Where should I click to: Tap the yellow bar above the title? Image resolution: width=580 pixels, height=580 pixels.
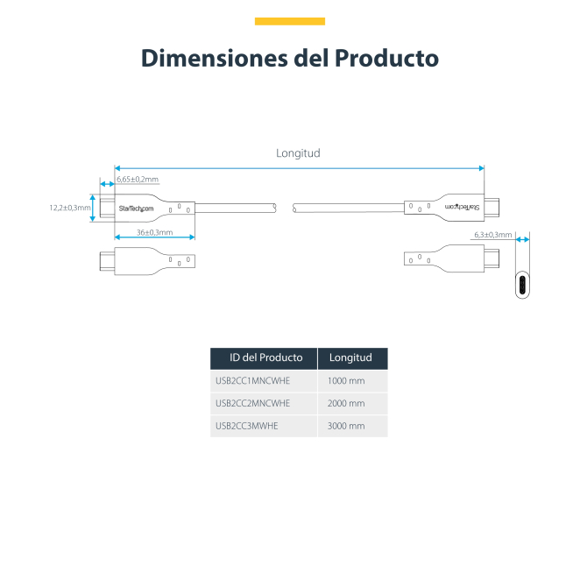pyautogui.click(x=289, y=21)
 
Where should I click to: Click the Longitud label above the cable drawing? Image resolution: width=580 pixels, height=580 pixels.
pyautogui.click(x=298, y=152)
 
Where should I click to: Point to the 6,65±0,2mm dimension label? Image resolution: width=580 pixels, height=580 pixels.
pyautogui.click(x=138, y=180)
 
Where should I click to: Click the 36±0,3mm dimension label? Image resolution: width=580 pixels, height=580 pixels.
pyautogui.click(x=155, y=232)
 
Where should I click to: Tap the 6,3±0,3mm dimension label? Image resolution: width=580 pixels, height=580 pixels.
pyautogui.click(x=492, y=235)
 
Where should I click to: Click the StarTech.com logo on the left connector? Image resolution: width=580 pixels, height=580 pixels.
pyautogui.click(x=136, y=209)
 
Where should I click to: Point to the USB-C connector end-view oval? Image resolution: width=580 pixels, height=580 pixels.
pyautogui.click(x=521, y=285)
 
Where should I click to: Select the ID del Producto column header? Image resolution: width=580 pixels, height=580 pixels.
pyautogui.click(x=265, y=357)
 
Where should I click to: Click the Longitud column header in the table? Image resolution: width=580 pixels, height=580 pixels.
pyautogui.click(x=350, y=357)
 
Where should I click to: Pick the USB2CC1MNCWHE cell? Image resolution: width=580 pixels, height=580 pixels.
pyautogui.click(x=253, y=381)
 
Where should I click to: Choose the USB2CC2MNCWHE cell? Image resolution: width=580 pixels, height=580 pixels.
pyautogui.click(x=253, y=403)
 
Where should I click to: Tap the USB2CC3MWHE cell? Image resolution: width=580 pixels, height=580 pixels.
pyautogui.click(x=247, y=426)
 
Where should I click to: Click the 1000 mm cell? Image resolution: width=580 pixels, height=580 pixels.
pyautogui.click(x=346, y=381)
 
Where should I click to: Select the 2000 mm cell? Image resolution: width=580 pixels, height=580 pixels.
pyautogui.click(x=346, y=403)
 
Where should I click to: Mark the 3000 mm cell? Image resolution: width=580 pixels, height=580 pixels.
pyautogui.click(x=346, y=426)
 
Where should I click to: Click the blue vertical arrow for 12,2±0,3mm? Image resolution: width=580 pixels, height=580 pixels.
pyautogui.click(x=93, y=208)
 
